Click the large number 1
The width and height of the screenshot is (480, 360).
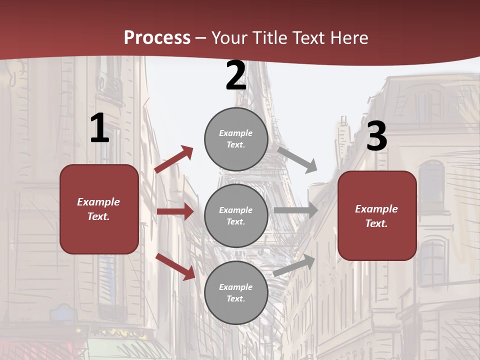point(99,128)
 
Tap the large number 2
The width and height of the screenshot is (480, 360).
point(236,76)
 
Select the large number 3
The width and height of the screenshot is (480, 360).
point(377,136)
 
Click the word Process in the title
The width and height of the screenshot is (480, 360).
point(157,37)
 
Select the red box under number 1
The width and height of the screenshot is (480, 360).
point(99,209)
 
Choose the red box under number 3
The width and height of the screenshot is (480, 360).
point(377,216)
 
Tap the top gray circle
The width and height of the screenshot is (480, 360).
point(236,139)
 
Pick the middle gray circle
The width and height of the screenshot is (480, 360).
point(236,216)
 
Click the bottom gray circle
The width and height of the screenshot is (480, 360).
point(236,292)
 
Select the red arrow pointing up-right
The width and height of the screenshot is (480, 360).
point(174,159)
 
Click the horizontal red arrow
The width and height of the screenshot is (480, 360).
point(175,211)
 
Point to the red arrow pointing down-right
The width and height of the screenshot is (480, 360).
point(175,266)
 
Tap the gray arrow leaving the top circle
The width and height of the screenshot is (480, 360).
point(297,159)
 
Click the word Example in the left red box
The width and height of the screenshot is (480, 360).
point(98,202)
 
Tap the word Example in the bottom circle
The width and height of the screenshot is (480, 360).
point(236,287)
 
